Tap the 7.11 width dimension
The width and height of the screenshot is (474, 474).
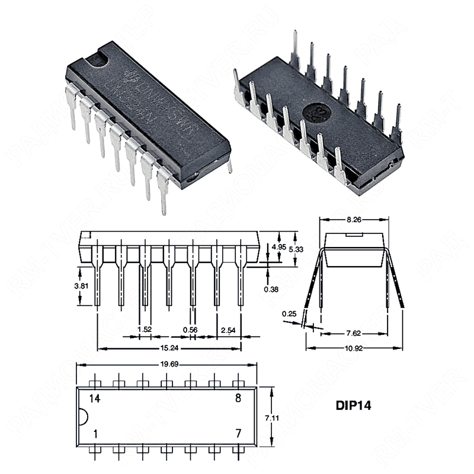pyautogui.click(x=272, y=418)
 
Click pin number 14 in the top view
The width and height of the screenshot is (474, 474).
pyautogui.click(x=95, y=398)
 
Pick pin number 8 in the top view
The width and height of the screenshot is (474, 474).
pyautogui.click(x=238, y=398)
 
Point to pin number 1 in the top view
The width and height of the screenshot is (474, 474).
pyautogui.click(x=95, y=434)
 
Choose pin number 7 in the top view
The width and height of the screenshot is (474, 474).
pyautogui.click(x=238, y=434)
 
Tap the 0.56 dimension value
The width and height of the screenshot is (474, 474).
pyautogui.click(x=190, y=329)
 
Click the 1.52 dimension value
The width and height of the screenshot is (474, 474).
pyautogui.click(x=143, y=329)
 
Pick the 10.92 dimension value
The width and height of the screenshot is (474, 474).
pyautogui.click(x=354, y=348)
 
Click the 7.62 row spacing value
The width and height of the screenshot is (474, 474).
pyautogui.click(x=354, y=333)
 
